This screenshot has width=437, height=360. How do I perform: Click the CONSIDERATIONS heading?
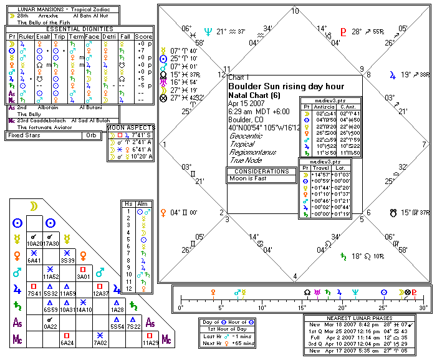tap(261, 171)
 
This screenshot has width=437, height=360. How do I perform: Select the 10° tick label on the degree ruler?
tap(262, 308)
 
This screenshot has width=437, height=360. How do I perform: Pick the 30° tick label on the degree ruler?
tap(423, 308)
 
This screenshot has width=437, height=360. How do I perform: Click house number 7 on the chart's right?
tap(425, 144)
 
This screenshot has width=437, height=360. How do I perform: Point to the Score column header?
tap(143, 36)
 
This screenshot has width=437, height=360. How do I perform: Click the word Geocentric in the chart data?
tap(246, 134)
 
